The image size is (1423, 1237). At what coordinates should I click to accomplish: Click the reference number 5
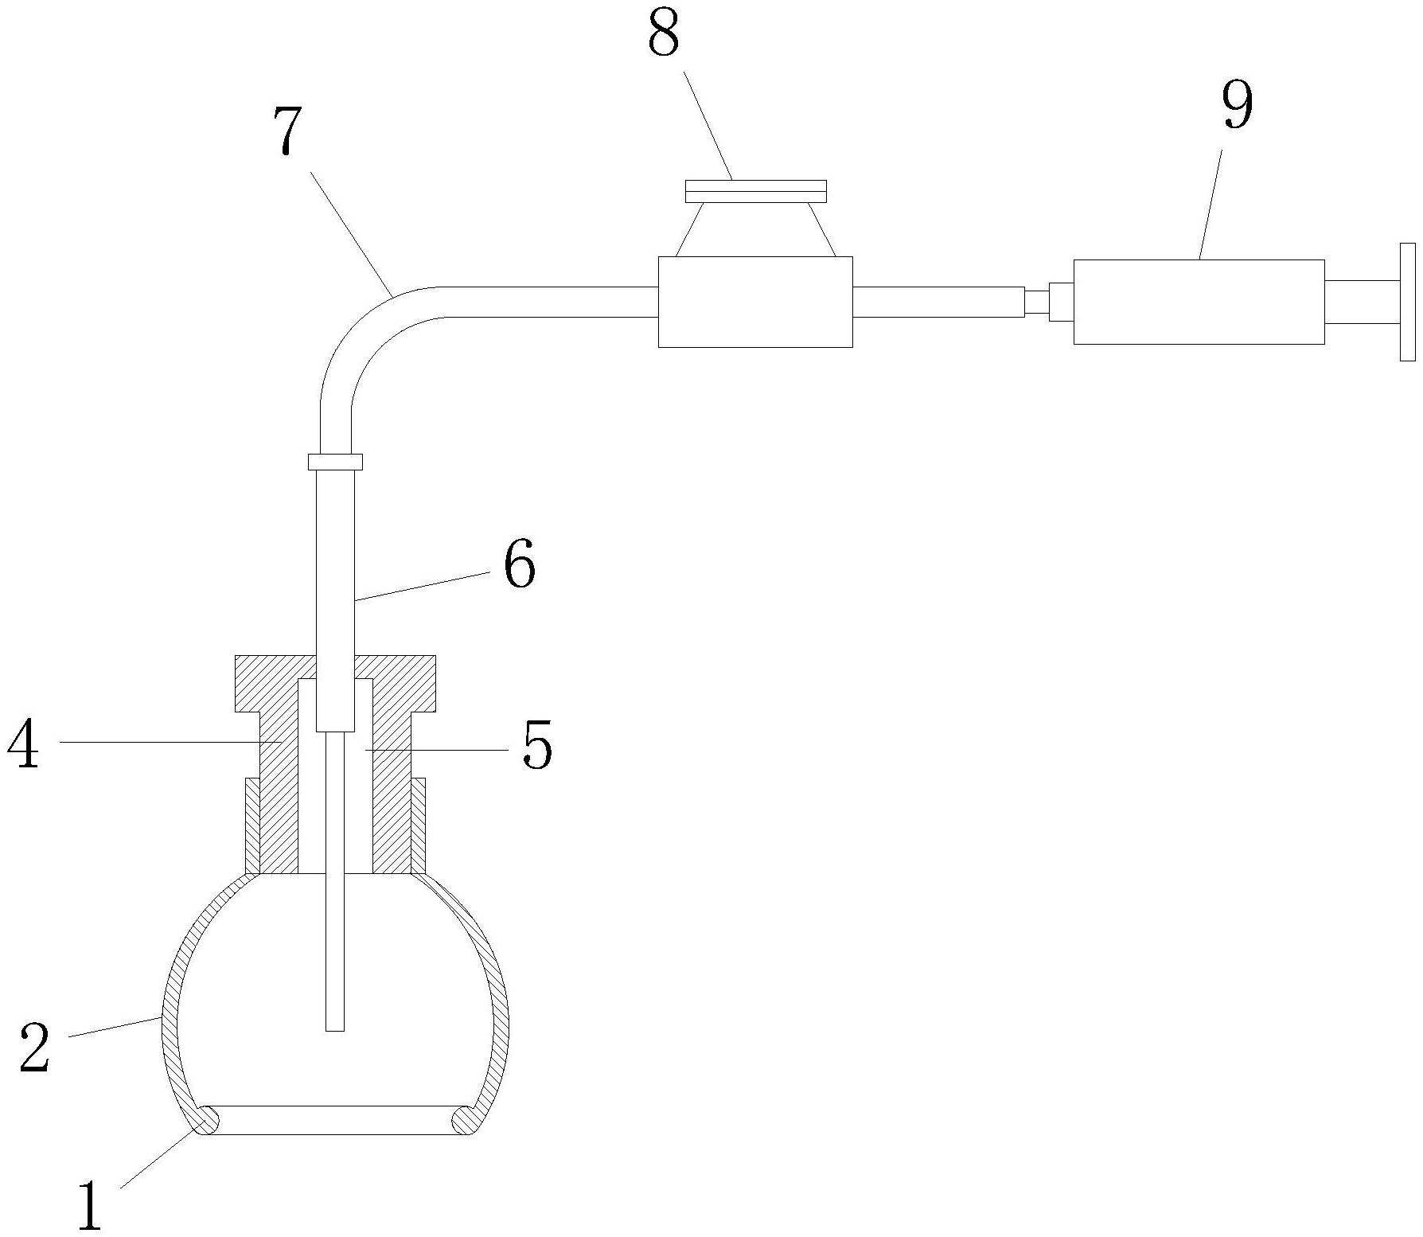pyautogui.click(x=537, y=747)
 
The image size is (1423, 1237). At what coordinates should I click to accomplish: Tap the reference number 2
pyautogui.click(x=35, y=1048)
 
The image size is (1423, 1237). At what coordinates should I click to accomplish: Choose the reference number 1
pyautogui.click(x=89, y=1205)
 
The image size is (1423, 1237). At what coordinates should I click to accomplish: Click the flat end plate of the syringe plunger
pyautogui.click(x=1407, y=302)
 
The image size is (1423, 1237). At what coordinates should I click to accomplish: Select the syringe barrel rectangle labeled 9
pyautogui.click(x=1199, y=302)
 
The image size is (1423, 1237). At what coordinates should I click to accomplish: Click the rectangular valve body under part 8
pyautogui.click(x=755, y=302)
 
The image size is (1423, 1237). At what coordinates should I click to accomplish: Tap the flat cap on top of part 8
pyautogui.click(x=755, y=190)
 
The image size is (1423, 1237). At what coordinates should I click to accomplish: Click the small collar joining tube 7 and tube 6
pyautogui.click(x=335, y=462)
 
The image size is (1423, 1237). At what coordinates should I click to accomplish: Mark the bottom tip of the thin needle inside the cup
pyautogui.click(x=335, y=1031)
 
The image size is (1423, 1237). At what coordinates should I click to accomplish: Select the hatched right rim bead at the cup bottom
pyautogui.click(x=465, y=1120)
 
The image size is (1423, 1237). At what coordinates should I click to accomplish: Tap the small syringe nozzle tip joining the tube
pyautogui.click(x=1036, y=302)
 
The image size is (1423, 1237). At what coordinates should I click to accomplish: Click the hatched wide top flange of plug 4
pyautogui.click(x=335, y=683)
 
